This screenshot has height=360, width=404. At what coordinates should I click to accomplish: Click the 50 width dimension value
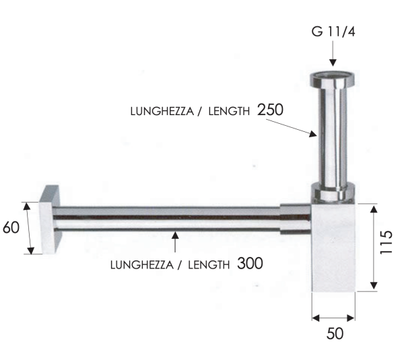pyautogui.click(x=335, y=333)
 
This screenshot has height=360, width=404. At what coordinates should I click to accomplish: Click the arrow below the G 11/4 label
pyautogui.click(x=332, y=57)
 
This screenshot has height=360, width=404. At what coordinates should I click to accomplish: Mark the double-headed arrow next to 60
pyautogui.click(x=28, y=227)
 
